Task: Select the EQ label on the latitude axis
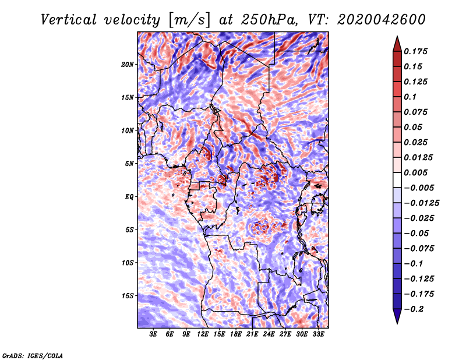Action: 129,196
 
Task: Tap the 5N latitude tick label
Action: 129,163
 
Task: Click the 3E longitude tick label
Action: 154,334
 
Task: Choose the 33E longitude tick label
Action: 318,334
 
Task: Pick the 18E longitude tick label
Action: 236,334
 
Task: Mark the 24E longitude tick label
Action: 269,334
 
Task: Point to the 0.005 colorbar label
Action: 418,172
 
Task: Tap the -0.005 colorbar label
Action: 419,188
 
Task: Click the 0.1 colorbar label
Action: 411,97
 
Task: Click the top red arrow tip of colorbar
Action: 397,39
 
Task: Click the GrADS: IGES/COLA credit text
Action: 33,354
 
